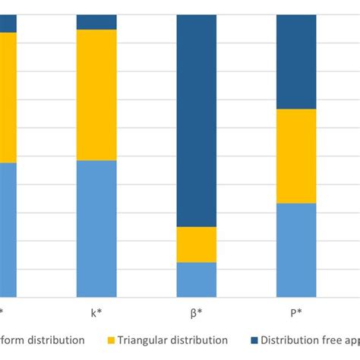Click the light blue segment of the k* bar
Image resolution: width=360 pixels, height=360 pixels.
click(96, 229)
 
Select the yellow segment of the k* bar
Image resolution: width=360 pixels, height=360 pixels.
click(96, 95)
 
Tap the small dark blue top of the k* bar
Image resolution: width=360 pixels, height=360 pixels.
click(96, 22)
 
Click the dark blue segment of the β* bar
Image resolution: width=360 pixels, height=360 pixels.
click(197, 121)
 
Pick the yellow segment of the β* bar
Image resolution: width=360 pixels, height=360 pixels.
click(197, 245)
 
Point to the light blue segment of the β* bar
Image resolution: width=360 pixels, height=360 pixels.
click(197, 279)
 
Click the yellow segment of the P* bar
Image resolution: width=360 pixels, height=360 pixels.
click(296, 156)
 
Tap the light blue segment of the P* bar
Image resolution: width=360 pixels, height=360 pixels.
click(296, 250)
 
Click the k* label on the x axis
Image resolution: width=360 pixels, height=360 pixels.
click(96, 312)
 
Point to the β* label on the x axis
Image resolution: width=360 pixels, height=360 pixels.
click(197, 312)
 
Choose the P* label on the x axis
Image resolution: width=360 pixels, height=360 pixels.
click(296, 312)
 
